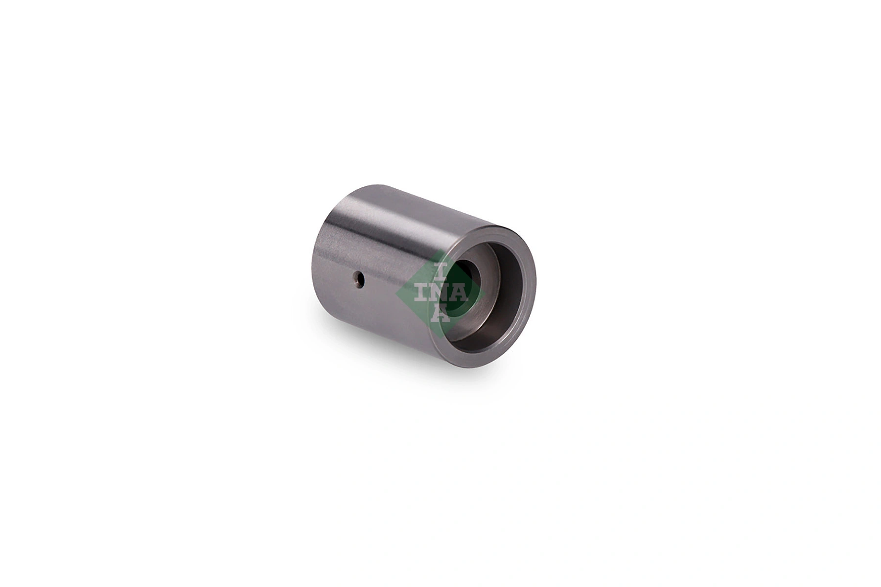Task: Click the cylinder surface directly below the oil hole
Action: coord(362,313)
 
